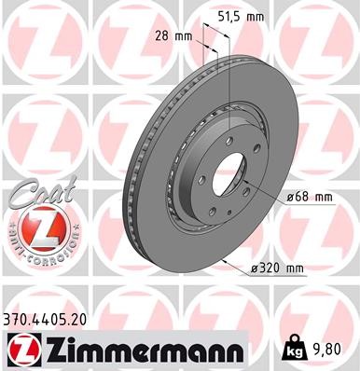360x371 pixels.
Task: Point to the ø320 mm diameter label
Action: tap(278, 268)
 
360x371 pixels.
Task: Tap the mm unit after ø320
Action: tap(296, 268)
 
